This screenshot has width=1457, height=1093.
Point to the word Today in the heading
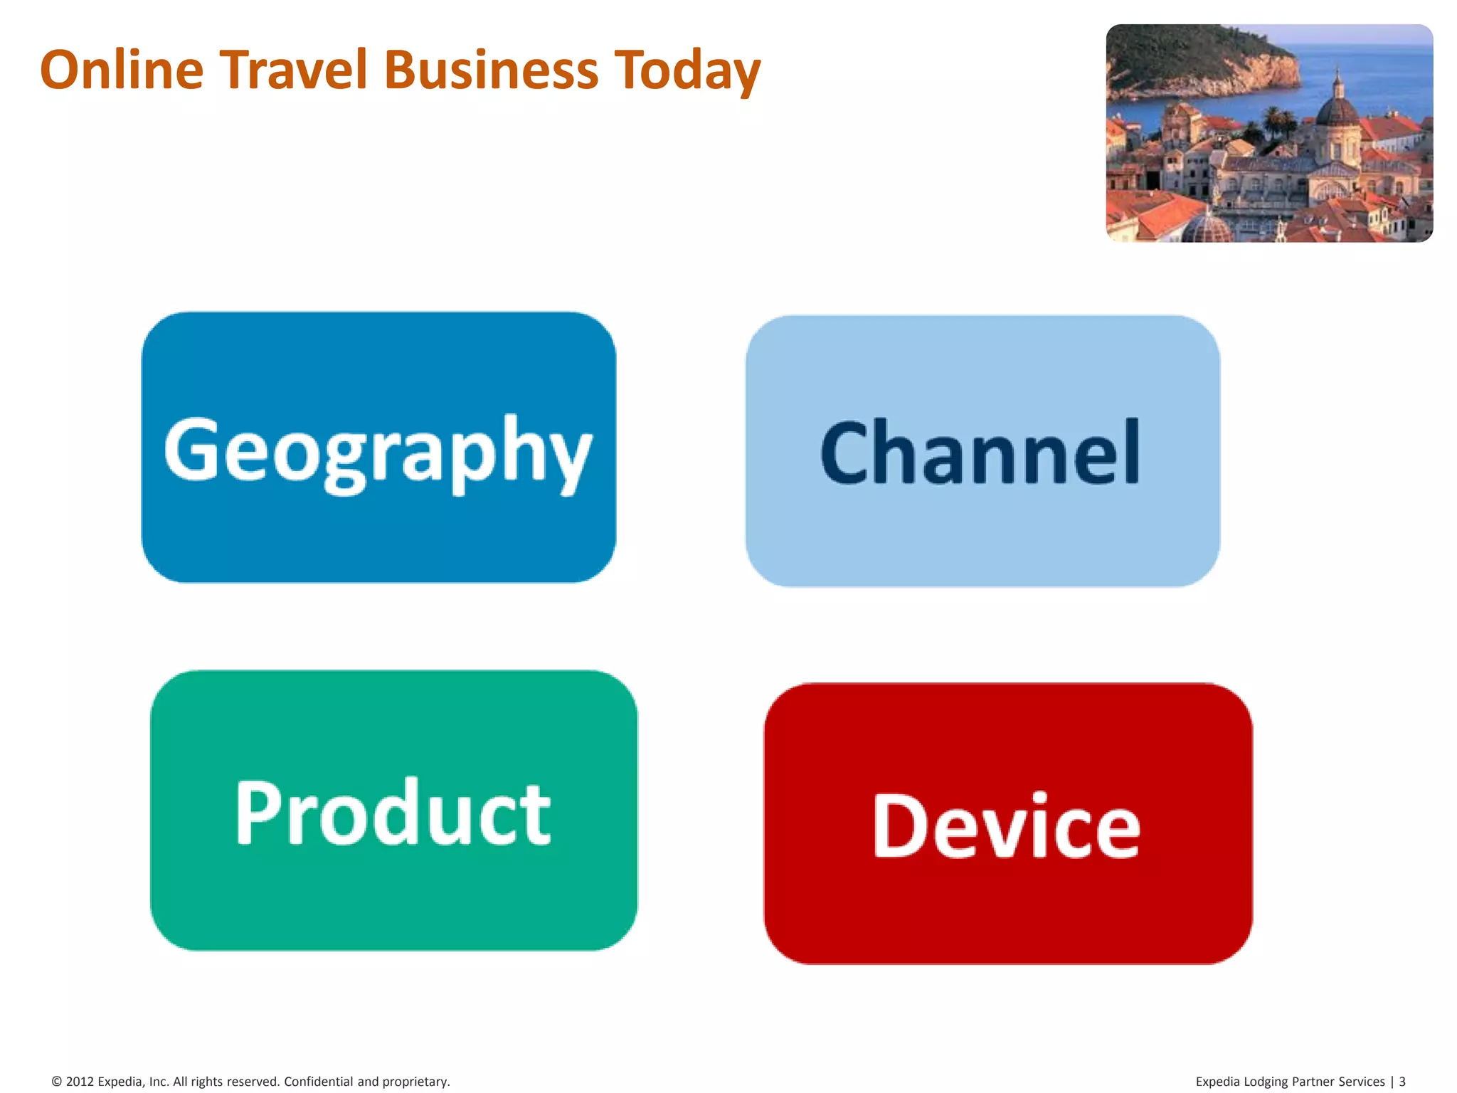[x=687, y=71]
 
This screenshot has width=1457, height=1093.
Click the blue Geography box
[x=378, y=448]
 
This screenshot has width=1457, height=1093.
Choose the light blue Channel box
[x=982, y=451]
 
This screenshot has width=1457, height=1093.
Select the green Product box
[x=393, y=810]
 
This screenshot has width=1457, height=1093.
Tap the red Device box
[x=1007, y=824]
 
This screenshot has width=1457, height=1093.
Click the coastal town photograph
[x=1269, y=133]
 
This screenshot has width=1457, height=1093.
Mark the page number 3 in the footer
[x=1402, y=1082]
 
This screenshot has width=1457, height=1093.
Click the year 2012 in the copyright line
[x=80, y=1082]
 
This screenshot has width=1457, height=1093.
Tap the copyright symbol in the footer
[x=57, y=1082]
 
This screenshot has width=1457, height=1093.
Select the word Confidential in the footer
[x=318, y=1082]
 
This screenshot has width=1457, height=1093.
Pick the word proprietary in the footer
[x=415, y=1082]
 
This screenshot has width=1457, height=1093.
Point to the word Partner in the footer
[x=1313, y=1082]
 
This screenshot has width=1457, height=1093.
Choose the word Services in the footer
[x=1362, y=1082]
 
